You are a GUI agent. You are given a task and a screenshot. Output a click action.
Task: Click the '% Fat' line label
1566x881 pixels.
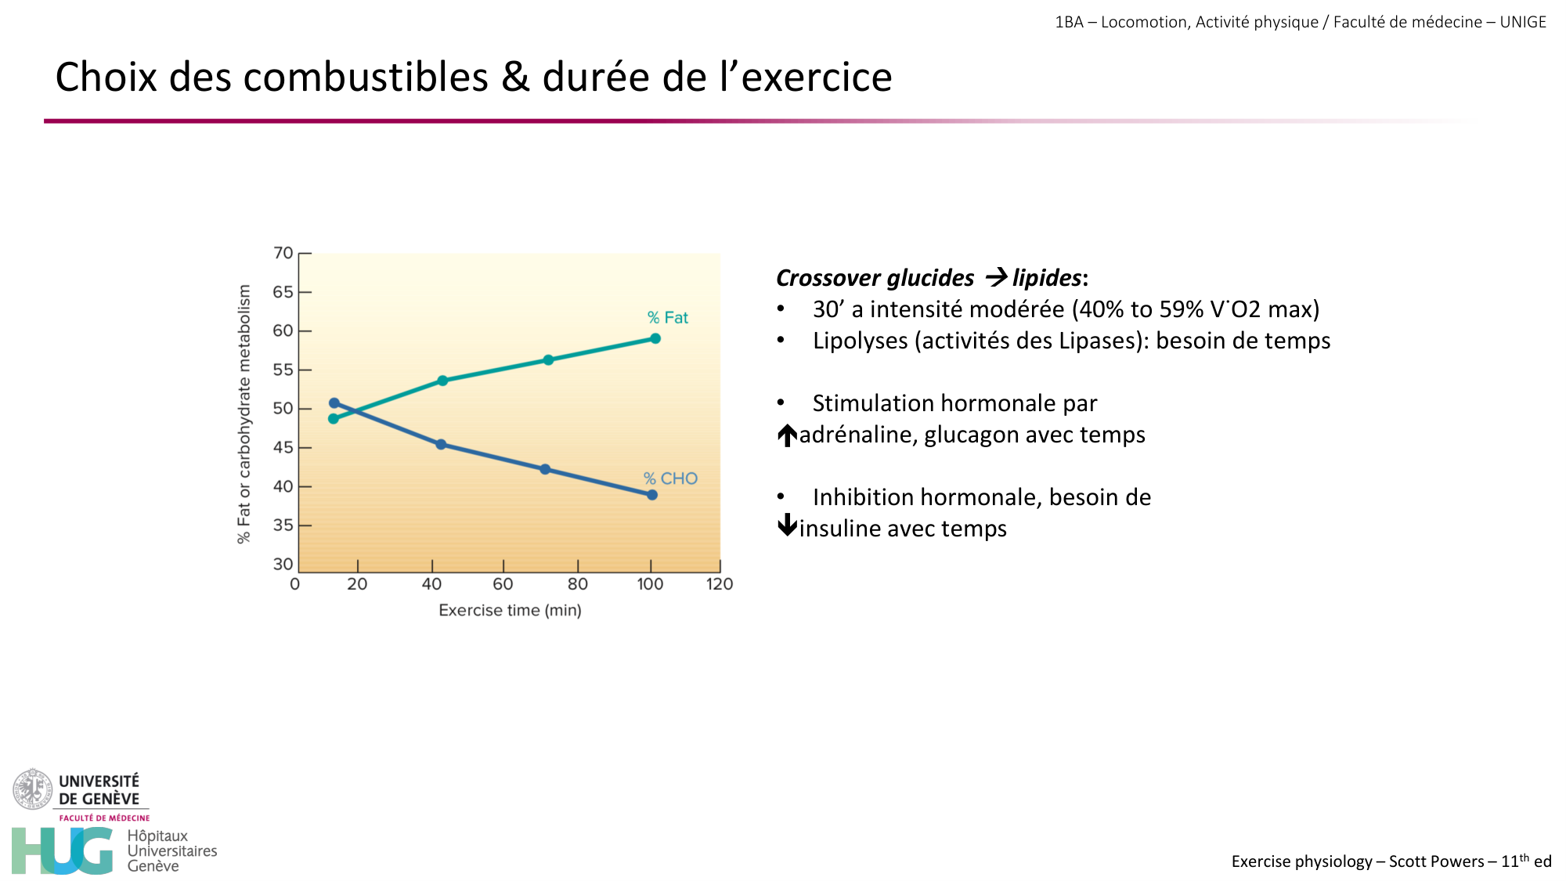[667, 318]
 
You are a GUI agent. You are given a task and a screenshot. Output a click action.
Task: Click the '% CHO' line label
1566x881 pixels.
[670, 478]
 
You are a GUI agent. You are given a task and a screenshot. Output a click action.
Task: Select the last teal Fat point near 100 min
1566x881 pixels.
[655, 338]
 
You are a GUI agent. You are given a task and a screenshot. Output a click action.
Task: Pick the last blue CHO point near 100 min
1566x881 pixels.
[652, 495]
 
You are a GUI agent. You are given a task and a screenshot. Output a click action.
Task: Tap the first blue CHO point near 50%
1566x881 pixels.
[334, 403]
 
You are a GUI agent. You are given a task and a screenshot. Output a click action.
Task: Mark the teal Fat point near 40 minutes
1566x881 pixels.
[442, 381]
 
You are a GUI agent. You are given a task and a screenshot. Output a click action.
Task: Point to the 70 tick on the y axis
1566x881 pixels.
[283, 253]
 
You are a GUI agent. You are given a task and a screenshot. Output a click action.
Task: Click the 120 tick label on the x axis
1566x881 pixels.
[719, 584]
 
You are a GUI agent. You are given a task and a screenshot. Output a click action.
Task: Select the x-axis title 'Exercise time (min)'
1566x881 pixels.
[510, 610]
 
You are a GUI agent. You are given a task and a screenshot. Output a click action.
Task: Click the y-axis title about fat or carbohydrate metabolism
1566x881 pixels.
[244, 413]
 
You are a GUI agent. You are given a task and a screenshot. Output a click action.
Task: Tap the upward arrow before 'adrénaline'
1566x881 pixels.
[787, 435]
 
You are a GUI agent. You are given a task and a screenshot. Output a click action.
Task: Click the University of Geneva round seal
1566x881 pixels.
[32, 789]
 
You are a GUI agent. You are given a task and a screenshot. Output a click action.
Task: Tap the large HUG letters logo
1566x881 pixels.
[63, 850]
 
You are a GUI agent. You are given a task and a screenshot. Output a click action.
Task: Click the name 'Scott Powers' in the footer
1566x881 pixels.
[1436, 861]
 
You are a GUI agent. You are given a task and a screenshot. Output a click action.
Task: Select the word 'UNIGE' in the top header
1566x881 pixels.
[1523, 22]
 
